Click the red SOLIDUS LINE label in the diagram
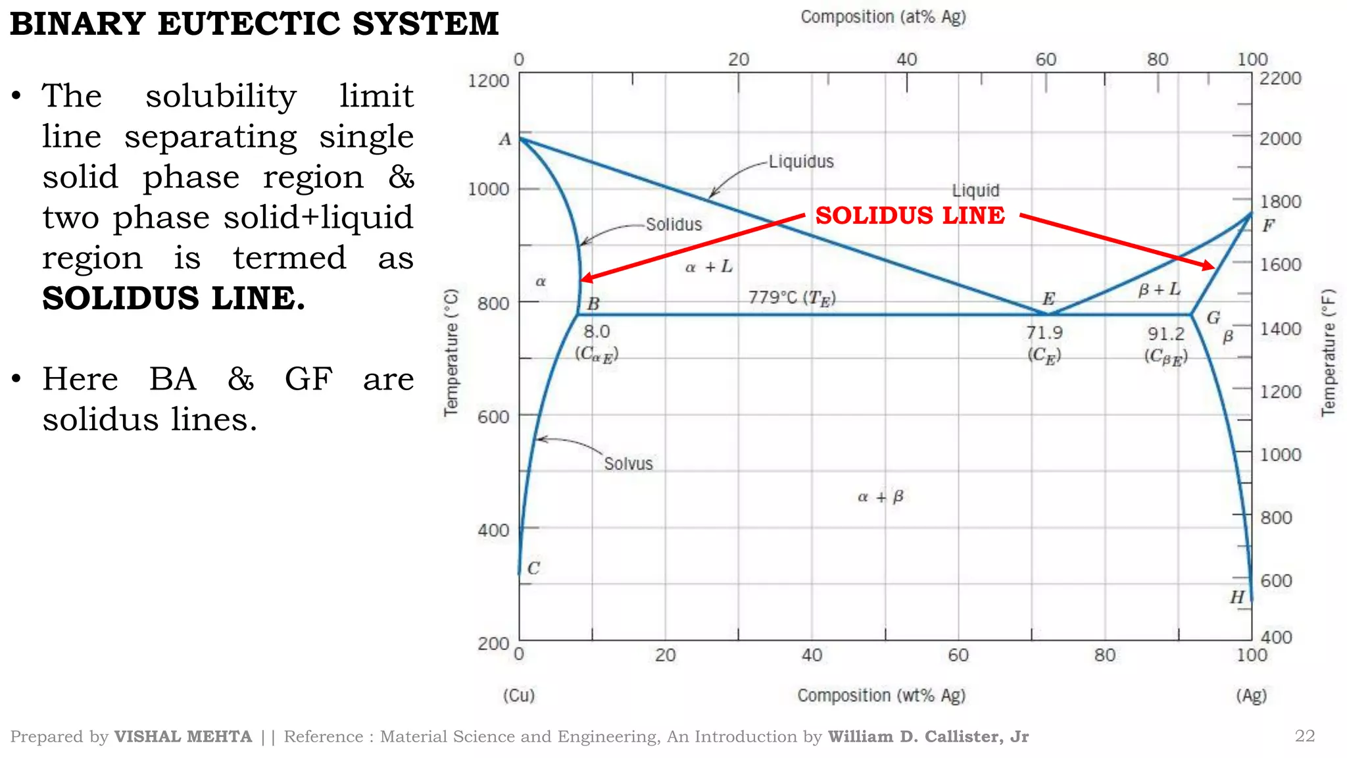(x=910, y=215)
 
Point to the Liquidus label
(x=801, y=161)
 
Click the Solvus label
(x=628, y=464)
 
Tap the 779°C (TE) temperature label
(x=792, y=298)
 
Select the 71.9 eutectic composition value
(x=1044, y=333)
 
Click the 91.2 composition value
(x=1166, y=334)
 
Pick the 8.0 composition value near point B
(x=597, y=332)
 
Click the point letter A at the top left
(x=504, y=139)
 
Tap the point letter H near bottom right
(x=1237, y=597)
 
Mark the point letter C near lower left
(x=533, y=568)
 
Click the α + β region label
(x=881, y=497)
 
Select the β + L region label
(x=1159, y=290)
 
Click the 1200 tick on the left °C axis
(x=488, y=81)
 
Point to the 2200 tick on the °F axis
(x=1280, y=78)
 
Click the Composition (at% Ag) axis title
(x=883, y=17)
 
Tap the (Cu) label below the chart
(x=519, y=695)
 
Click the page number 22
(x=1304, y=736)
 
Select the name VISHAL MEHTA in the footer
(x=183, y=736)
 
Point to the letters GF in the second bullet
(x=308, y=379)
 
